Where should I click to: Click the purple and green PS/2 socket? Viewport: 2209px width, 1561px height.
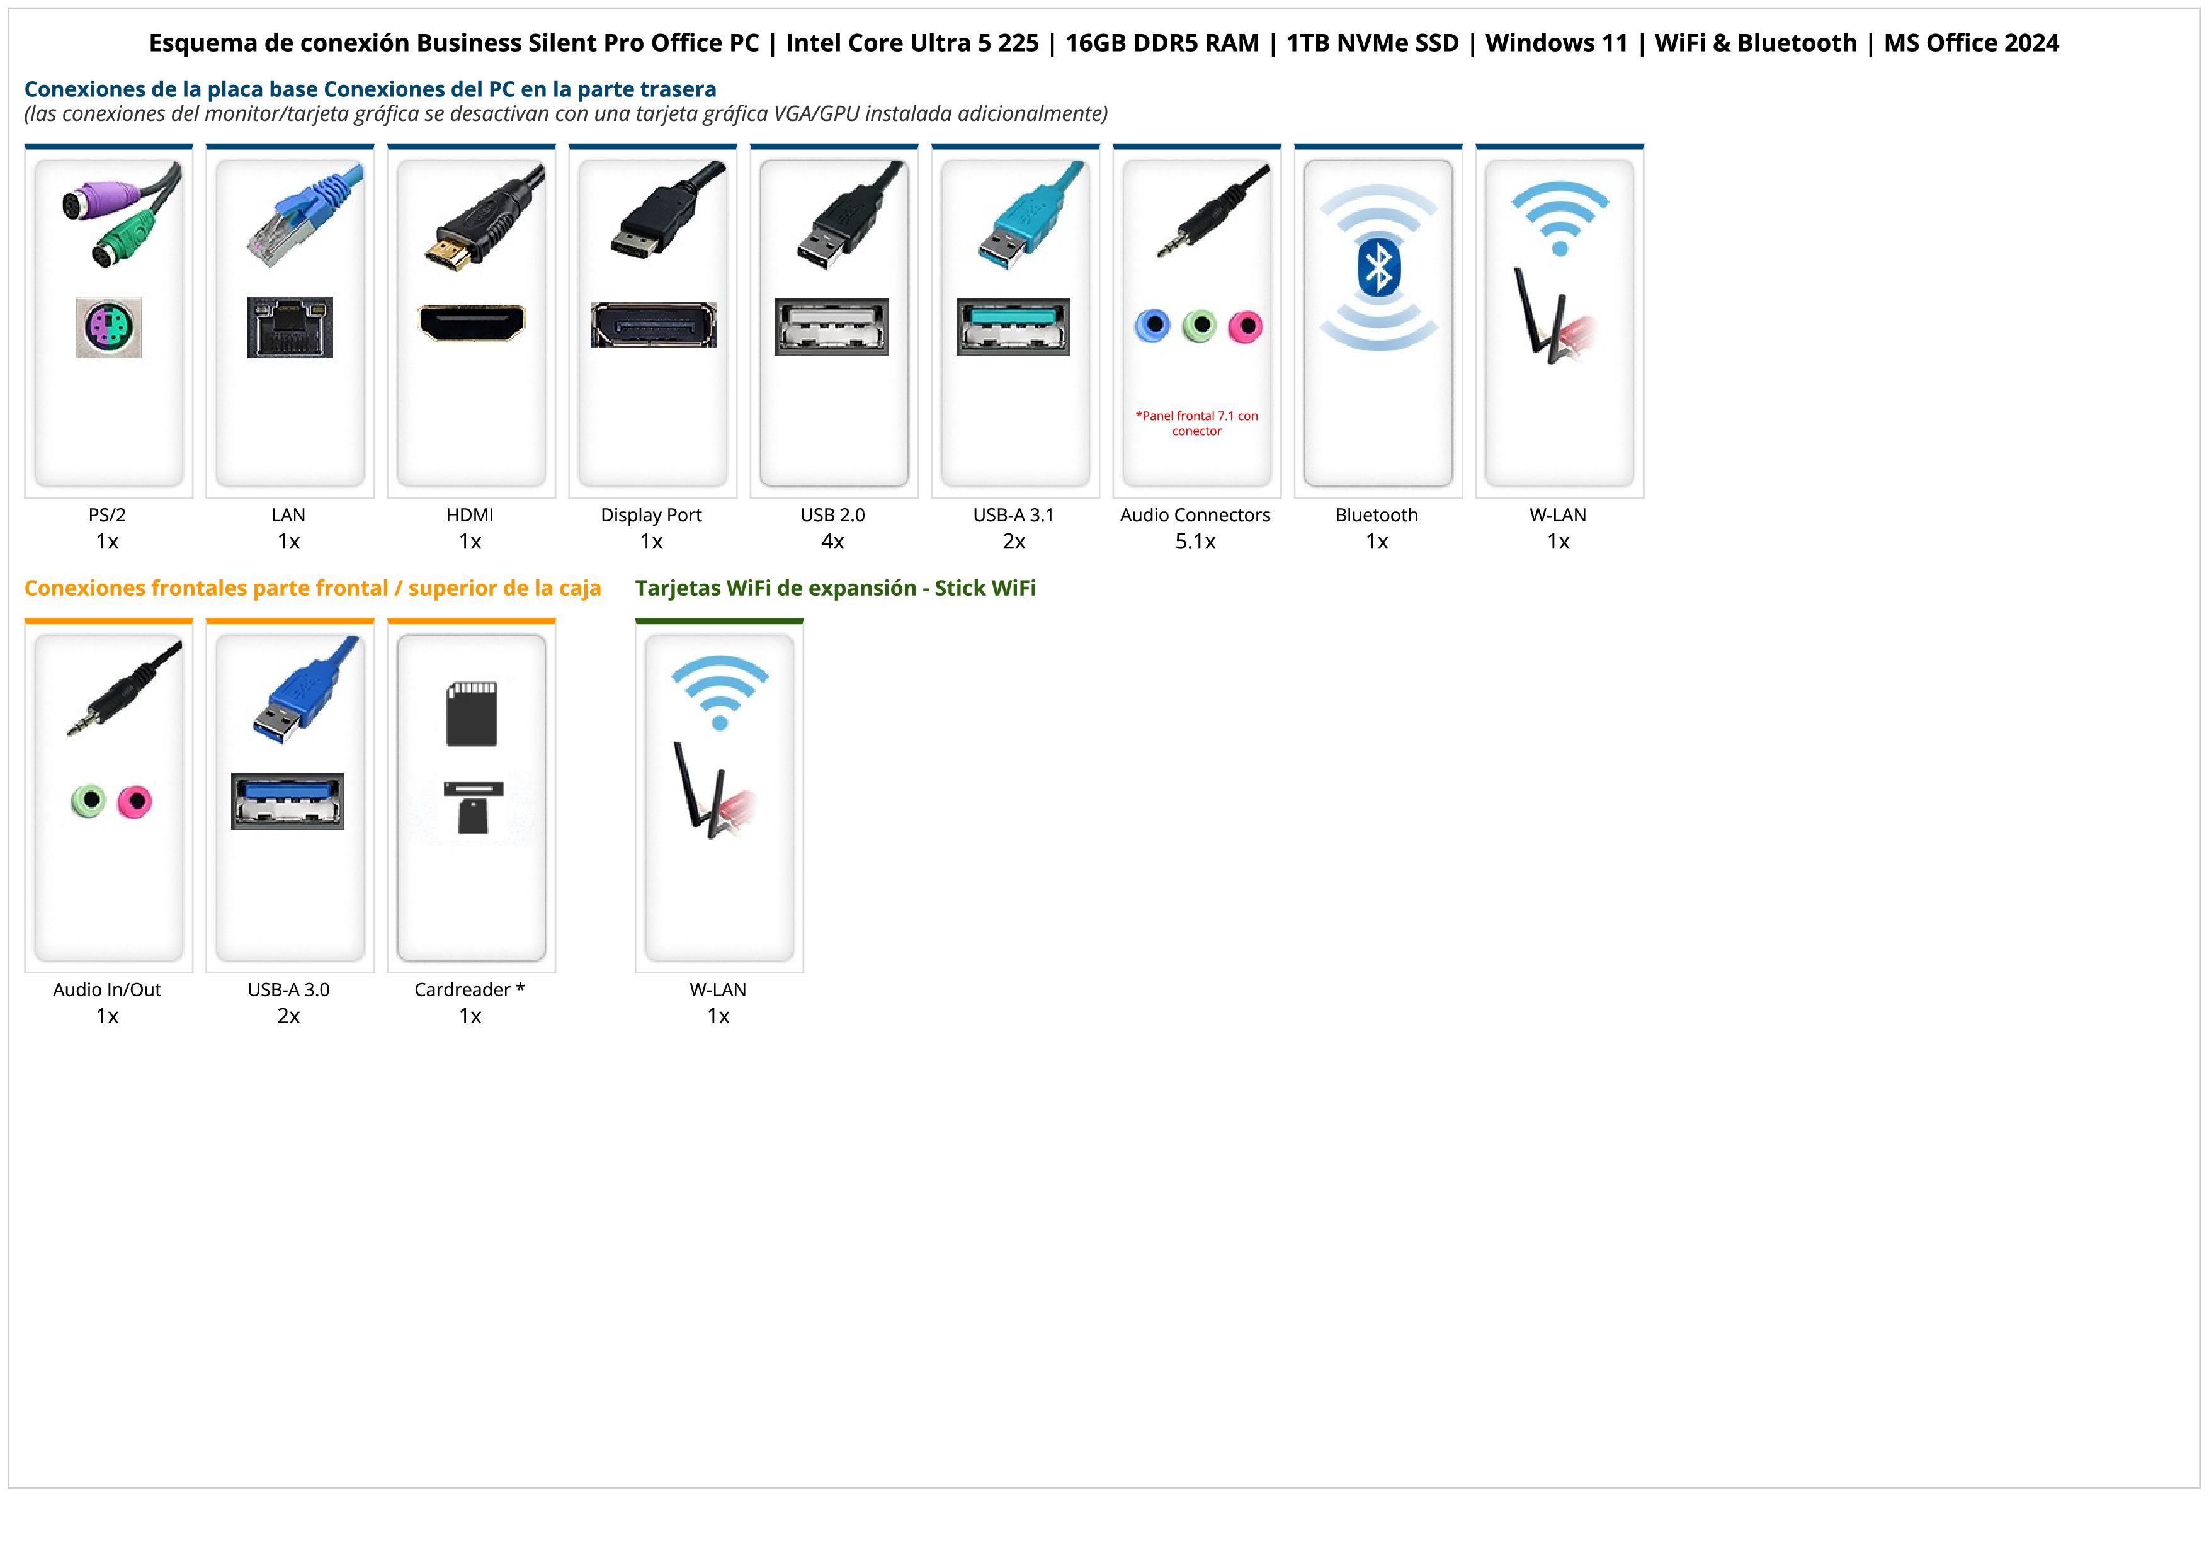coord(109,328)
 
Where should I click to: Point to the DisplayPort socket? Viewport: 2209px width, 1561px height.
coord(653,325)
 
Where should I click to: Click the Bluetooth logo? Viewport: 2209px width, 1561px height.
coord(1378,268)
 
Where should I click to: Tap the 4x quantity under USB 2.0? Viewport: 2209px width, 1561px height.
coord(832,542)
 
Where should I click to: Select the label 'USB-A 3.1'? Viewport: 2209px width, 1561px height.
coord(1013,514)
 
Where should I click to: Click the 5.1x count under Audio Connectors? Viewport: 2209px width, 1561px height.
coord(1195,542)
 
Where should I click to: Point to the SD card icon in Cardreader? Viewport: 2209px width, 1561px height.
coord(472,713)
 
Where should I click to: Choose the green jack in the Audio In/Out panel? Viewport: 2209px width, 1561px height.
coord(89,800)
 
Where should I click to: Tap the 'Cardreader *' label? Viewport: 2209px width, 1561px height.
coord(470,990)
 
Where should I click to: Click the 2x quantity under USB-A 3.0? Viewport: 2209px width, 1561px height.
coord(288,1016)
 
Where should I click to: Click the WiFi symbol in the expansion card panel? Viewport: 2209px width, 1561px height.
coord(720,691)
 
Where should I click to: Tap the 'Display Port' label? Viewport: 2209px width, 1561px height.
coord(651,514)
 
